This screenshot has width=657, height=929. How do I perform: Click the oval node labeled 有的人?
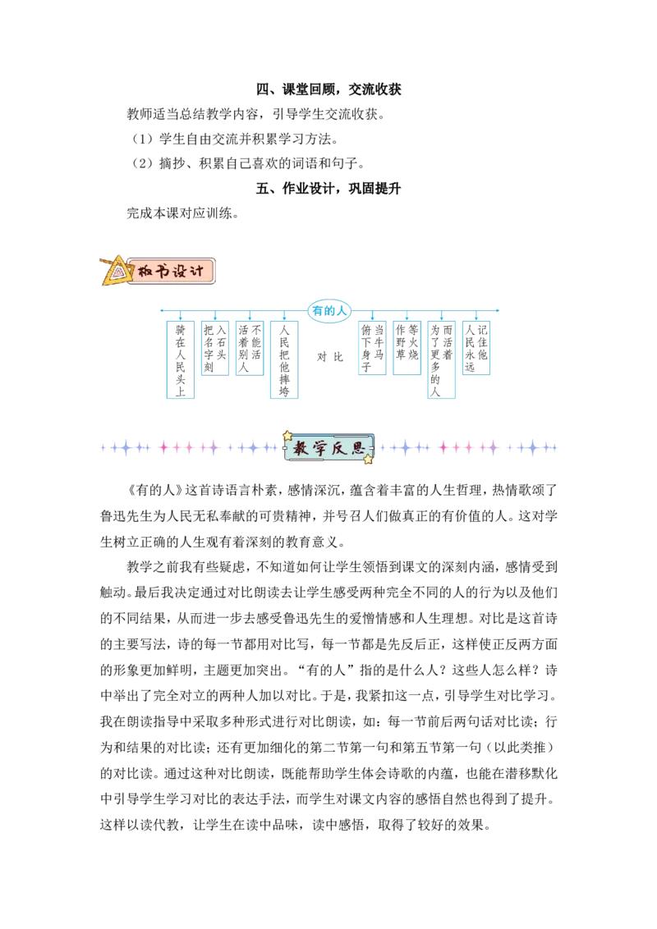329,310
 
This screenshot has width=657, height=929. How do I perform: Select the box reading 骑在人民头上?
180,359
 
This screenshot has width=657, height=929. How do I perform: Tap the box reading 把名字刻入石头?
214,348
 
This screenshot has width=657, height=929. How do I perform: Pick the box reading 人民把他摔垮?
284,359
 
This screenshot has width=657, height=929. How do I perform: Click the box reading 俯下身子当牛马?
372,348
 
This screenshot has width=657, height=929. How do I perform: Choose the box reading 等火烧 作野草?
407,348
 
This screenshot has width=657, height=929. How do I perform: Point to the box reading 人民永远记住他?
476,348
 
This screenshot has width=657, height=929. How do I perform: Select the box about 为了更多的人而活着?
441,359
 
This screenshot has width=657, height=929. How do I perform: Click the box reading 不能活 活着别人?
250,348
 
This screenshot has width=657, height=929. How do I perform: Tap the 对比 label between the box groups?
329,357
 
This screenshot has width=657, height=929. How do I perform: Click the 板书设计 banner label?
171,272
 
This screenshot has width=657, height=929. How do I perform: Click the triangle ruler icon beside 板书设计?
116,271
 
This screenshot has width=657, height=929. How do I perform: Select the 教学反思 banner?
328,448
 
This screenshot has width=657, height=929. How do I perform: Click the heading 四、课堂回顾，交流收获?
328,89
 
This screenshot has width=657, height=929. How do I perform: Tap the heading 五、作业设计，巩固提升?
328,189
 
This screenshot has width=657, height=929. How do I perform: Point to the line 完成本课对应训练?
182,213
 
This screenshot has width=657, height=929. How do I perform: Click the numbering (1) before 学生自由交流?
142,140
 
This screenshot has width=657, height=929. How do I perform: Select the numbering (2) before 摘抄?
142,163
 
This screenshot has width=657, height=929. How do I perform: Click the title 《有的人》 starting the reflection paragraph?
155,491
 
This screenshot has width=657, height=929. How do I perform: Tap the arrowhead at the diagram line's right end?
497,310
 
